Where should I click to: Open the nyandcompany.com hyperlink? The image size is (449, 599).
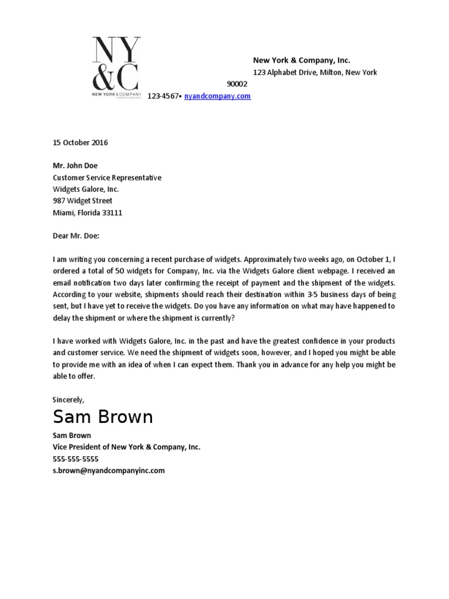pos(217,96)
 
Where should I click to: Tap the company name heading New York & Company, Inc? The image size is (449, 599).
pos(301,60)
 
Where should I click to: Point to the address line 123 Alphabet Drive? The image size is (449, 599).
pos(315,73)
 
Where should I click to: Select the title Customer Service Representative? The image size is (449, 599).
pos(107,177)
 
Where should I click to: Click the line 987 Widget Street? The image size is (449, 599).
pos(82,201)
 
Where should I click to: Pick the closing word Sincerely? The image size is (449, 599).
pos(68,400)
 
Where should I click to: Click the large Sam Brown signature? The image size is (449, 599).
pos(103,417)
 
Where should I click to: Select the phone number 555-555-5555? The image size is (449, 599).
pos(75,459)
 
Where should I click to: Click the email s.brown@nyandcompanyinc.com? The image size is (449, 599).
pos(109,470)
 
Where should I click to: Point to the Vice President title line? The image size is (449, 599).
pos(126,447)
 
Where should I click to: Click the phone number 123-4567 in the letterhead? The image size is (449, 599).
pos(163,96)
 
